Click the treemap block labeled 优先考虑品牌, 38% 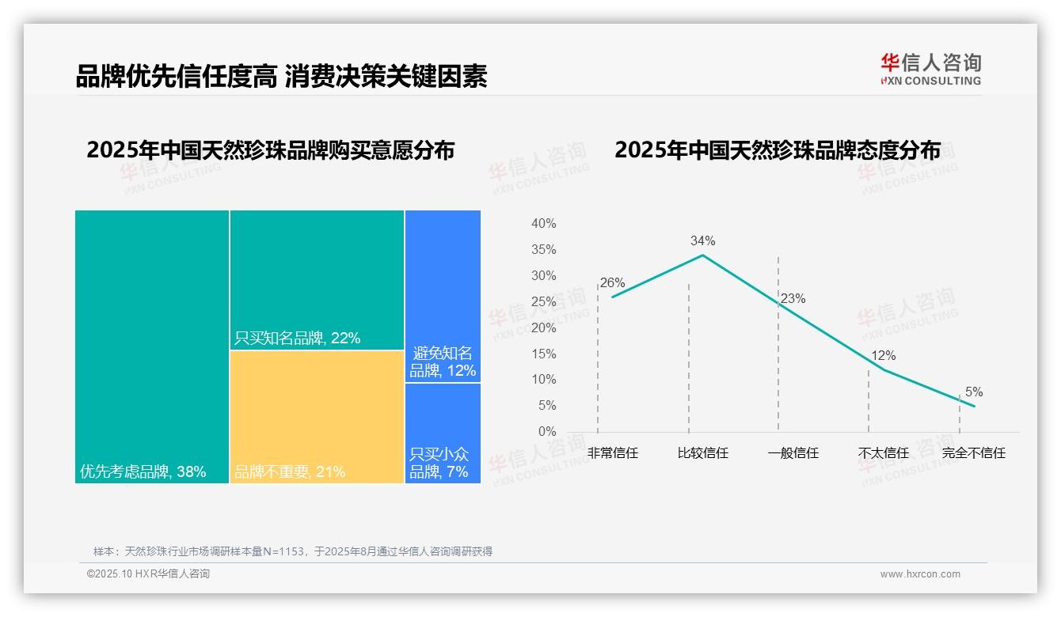tap(152, 346)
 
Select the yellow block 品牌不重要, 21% tap(317, 417)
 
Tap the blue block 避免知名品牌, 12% tap(443, 297)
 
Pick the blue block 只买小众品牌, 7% tap(443, 433)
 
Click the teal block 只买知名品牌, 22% tap(317, 280)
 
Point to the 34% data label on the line tap(702, 240)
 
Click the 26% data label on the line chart tap(612, 282)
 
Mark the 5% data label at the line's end tap(974, 392)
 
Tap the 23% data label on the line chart tap(793, 299)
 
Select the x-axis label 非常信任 tap(613, 453)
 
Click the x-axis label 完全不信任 tap(974, 453)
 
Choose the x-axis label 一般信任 tap(793, 453)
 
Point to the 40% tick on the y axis tap(543, 224)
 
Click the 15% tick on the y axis tap(543, 354)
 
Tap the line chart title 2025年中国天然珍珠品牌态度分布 tap(778, 150)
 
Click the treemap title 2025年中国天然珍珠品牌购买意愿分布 tap(271, 150)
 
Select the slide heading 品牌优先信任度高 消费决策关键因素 tap(281, 77)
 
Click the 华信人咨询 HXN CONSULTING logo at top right tap(930, 70)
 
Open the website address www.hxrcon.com tap(920, 574)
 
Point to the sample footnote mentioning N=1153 tap(293, 551)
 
